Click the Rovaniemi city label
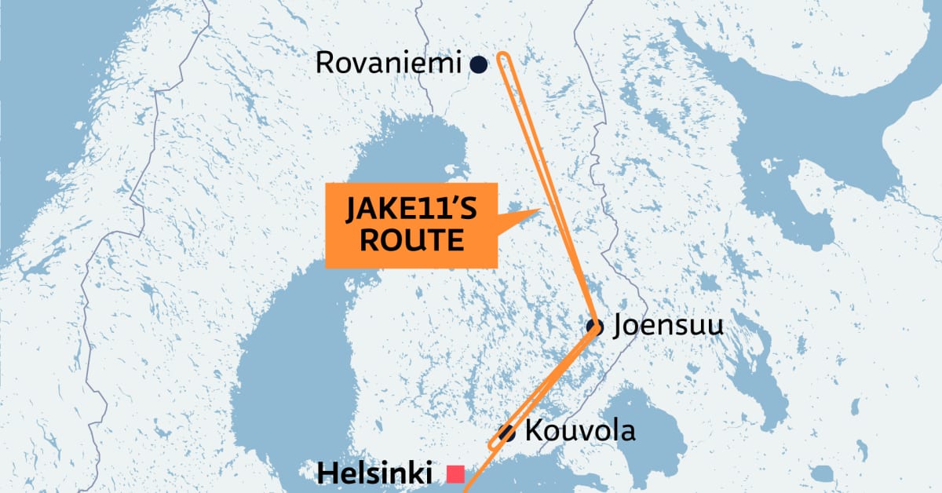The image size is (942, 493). (x=388, y=64)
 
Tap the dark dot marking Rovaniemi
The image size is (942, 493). (x=477, y=65)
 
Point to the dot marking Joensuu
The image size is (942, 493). (x=594, y=327)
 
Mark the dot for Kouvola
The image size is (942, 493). (x=506, y=433)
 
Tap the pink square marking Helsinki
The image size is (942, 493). (x=455, y=474)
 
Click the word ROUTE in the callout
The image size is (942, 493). (x=410, y=240)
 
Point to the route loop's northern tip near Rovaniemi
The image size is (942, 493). (x=503, y=56)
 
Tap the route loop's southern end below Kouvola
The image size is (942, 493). (x=491, y=447)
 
